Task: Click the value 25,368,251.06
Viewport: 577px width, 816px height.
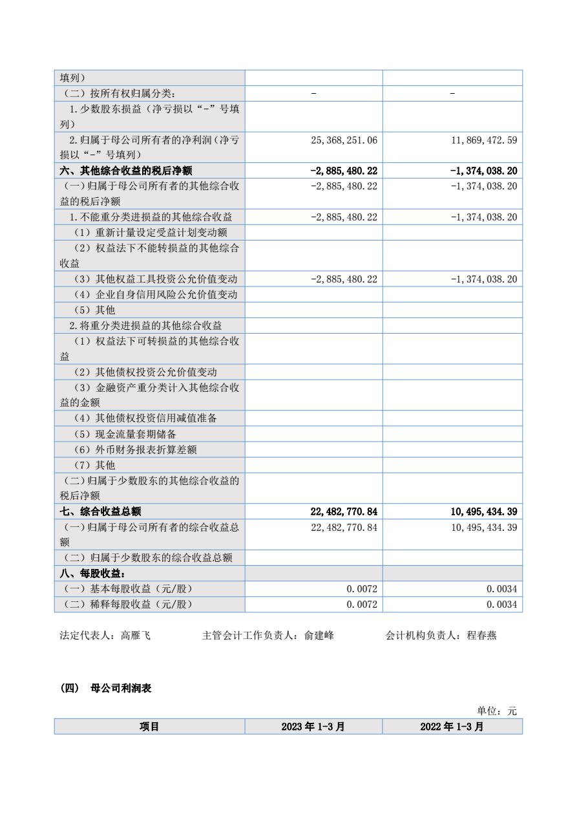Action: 344,140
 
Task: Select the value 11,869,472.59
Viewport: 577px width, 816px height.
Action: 483,140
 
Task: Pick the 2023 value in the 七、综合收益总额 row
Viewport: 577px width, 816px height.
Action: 344,511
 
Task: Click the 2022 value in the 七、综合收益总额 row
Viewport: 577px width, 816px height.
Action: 483,511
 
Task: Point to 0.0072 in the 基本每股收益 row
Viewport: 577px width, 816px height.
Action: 362,589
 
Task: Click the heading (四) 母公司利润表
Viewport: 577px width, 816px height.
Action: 106,689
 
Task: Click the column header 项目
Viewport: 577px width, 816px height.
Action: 149,727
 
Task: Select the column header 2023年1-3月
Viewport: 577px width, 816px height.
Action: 313,727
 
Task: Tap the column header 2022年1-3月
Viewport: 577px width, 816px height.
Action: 452,727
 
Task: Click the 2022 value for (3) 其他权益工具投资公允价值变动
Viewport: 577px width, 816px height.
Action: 483,279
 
